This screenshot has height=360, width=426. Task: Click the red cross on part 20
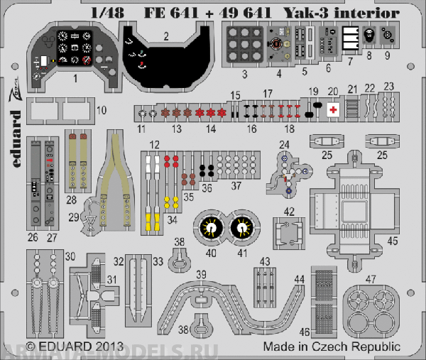332,109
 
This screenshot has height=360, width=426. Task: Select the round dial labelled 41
241,227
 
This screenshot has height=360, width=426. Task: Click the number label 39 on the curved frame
202,274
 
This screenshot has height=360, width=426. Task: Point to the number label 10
102,110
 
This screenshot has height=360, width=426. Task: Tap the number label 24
284,144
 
